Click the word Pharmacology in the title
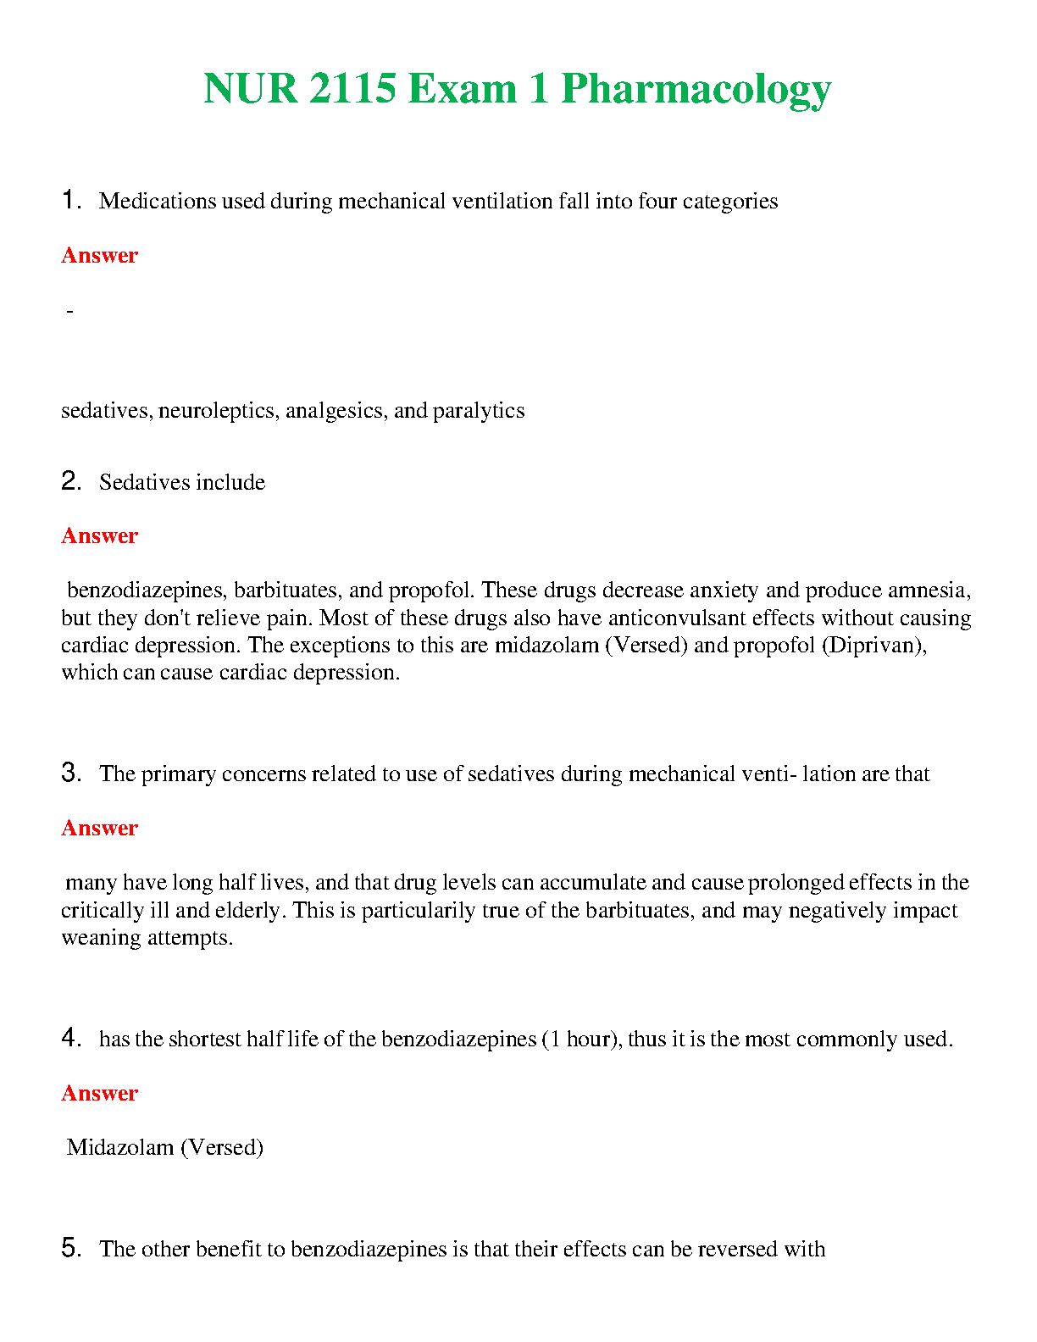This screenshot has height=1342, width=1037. pyautogui.click(x=696, y=89)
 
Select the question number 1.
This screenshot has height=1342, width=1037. pyautogui.click(x=70, y=201)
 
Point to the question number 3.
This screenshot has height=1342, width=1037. pyautogui.click(x=70, y=773)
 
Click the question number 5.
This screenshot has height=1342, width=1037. pyautogui.click(x=70, y=1248)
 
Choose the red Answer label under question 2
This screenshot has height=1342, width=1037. pyautogui.click(x=99, y=535)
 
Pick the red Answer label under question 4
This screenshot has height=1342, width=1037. pyautogui.click(x=99, y=1093)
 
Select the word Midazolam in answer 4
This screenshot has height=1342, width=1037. pyautogui.click(x=119, y=1147)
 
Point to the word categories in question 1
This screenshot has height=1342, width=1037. pyautogui.click(x=730, y=202)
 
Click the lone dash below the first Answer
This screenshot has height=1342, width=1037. pyautogui.click(x=69, y=312)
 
